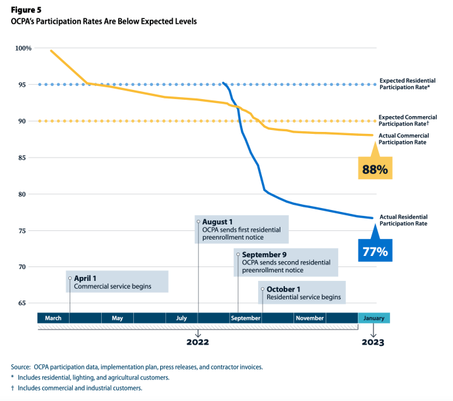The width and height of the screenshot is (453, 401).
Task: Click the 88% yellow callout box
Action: [375, 169]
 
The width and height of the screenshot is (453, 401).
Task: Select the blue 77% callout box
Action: [374, 250]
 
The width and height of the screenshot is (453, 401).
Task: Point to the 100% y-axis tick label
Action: [24, 49]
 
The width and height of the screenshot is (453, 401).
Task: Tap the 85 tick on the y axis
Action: [27, 158]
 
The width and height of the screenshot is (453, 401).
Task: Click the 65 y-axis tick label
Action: [27, 303]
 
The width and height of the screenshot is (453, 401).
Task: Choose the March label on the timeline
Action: [53, 318]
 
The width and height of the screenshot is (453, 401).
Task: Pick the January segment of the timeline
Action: [374, 318]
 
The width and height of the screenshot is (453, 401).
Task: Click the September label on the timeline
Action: [246, 318]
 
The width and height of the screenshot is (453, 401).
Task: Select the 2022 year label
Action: [198, 342]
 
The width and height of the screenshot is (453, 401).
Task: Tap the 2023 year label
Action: [373, 342]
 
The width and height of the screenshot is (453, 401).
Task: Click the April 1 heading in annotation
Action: [85, 278]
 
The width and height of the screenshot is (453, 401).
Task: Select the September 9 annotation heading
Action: [263, 255]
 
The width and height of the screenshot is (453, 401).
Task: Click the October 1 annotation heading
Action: [284, 289]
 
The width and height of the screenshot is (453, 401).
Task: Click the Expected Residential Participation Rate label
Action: [412, 83]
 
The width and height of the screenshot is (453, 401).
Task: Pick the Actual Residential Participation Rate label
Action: [412, 220]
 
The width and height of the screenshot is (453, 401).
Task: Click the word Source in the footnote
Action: [22, 367]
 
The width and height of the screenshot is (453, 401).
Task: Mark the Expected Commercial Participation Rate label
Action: [412, 120]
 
